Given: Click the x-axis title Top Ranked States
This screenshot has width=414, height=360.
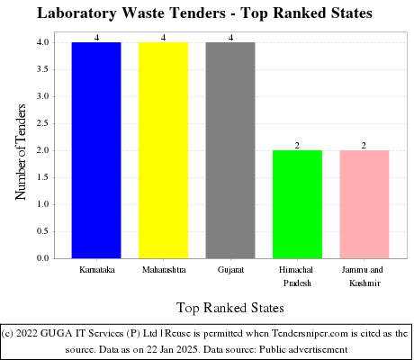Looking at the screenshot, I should click(x=230, y=308).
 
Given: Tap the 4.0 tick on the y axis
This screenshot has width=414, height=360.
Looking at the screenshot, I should click(x=43, y=42).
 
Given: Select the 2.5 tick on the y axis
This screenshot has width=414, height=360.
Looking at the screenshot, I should click(x=43, y=123).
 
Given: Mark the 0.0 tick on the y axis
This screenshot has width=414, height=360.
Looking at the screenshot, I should click(x=43, y=258).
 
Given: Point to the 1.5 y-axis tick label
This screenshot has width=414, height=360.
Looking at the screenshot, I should click(x=43, y=177).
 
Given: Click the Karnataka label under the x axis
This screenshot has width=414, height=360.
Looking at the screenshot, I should click(x=96, y=269).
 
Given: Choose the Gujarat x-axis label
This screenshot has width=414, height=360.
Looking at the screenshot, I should click(x=230, y=269).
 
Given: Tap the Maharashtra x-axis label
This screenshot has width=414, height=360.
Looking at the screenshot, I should click(x=164, y=269).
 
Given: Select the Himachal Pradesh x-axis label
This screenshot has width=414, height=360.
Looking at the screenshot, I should click(x=297, y=275).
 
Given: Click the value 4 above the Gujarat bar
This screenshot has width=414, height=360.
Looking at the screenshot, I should click(x=230, y=37).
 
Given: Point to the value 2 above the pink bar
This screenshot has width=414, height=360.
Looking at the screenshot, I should click(x=364, y=145).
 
